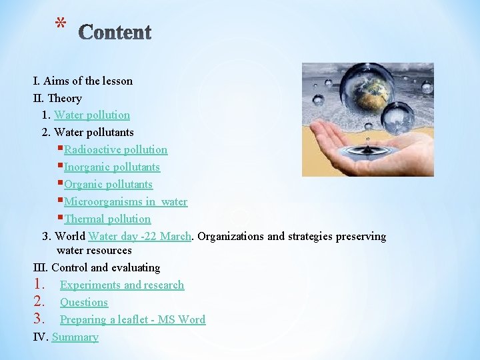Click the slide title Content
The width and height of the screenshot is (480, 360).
[x=115, y=32]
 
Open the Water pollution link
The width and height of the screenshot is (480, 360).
[x=92, y=115]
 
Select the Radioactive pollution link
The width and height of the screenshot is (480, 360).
[x=115, y=150]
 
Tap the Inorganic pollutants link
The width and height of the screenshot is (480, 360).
[x=111, y=167]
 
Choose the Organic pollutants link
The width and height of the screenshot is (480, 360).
[x=108, y=185]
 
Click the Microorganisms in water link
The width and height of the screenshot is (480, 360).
[x=125, y=202]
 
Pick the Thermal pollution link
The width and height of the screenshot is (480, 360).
[x=107, y=219]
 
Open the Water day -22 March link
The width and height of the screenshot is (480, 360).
[x=140, y=237]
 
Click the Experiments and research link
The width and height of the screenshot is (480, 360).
[x=122, y=285]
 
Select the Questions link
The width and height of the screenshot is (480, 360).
[x=84, y=303]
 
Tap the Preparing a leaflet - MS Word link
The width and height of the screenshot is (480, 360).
[x=133, y=320]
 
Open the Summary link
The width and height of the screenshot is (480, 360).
[x=75, y=337]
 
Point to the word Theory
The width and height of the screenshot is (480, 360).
[x=65, y=99]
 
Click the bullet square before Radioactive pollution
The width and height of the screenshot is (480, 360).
[x=61, y=149]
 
